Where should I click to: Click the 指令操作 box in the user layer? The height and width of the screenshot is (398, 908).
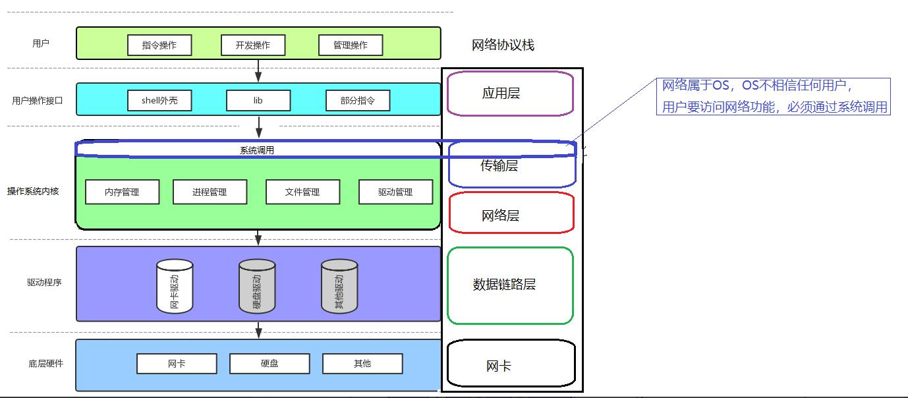click(159, 45)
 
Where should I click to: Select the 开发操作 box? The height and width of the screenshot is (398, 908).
click(253, 45)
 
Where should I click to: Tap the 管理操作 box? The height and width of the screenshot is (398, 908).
click(350, 45)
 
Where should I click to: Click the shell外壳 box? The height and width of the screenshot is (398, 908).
click(159, 101)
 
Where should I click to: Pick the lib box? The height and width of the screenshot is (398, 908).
click(258, 101)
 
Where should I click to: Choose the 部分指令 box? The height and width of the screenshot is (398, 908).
click(357, 101)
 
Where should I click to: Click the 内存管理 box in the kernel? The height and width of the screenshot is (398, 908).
click(122, 192)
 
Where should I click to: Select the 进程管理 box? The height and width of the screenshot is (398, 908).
click(210, 192)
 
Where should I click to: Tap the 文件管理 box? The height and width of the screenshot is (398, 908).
click(302, 192)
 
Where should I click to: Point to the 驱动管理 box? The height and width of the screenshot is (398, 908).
click(395, 192)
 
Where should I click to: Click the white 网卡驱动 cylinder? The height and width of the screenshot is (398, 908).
click(175, 286)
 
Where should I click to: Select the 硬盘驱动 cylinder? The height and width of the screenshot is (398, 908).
click(257, 286)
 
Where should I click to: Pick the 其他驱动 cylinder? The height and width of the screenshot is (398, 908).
click(339, 286)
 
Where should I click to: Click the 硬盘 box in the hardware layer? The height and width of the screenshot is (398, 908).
click(270, 364)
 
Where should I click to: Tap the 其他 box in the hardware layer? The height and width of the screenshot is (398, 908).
click(362, 364)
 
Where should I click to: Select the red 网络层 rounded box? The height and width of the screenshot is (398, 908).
click(511, 213)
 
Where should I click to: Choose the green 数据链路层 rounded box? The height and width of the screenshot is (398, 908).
click(510, 285)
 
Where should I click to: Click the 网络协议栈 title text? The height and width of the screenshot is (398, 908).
click(503, 45)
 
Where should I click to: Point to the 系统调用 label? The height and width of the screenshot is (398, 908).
click(257, 150)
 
